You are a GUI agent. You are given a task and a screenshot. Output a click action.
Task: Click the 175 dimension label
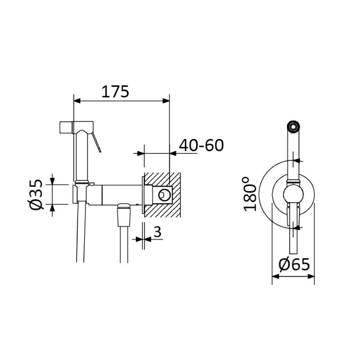[x=115, y=92]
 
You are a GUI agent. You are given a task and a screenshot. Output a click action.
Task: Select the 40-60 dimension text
[x=201, y=145]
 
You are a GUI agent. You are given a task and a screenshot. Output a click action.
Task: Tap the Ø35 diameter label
[x=36, y=194]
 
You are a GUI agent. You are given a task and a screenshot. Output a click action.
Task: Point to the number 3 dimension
[x=157, y=232]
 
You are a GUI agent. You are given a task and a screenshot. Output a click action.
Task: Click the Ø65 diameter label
[x=294, y=265]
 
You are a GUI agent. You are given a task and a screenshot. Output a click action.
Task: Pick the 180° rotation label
[x=250, y=194]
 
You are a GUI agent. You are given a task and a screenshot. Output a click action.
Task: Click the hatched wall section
[x=162, y=195]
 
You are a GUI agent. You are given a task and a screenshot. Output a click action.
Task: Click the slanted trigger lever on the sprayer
[x=96, y=142]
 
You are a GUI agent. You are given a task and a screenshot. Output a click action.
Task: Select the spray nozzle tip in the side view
[x=66, y=127]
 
